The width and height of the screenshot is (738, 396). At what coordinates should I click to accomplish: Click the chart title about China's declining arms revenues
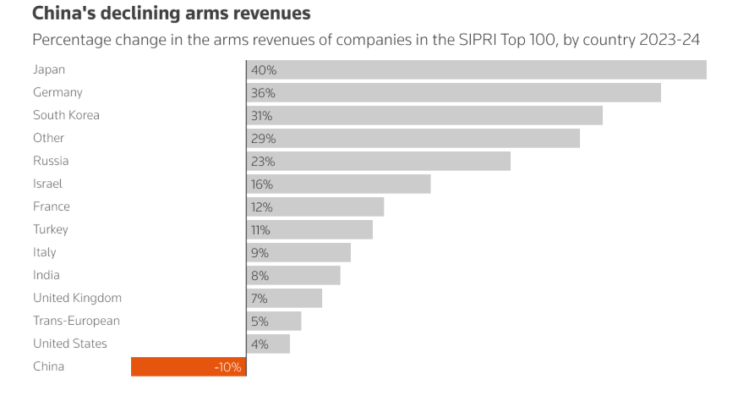click(x=171, y=14)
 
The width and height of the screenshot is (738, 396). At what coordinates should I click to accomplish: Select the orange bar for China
click(x=189, y=366)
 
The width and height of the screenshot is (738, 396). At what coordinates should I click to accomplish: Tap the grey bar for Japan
click(x=477, y=69)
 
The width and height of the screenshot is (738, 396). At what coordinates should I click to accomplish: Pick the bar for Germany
click(x=454, y=92)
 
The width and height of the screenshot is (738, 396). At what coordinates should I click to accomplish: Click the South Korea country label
click(x=66, y=115)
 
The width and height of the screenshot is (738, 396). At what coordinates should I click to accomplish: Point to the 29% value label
click(x=263, y=138)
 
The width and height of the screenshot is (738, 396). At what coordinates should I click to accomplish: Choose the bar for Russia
click(x=379, y=161)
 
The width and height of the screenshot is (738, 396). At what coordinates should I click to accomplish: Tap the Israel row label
click(x=47, y=184)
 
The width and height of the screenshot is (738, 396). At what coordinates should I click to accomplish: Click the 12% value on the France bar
click(x=262, y=206)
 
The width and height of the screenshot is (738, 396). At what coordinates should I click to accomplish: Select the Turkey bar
click(x=310, y=229)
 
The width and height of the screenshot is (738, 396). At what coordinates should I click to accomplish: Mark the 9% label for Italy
click(x=260, y=252)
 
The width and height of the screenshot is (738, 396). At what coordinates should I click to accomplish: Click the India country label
click(x=46, y=275)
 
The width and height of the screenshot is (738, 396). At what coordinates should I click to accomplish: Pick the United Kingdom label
click(x=77, y=298)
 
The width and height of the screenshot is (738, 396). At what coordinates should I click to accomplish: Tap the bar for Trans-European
click(x=274, y=321)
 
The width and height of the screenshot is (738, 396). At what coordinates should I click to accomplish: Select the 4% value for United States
click(x=260, y=344)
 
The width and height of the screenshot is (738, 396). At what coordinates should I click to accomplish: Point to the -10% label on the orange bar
click(x=227, y=367)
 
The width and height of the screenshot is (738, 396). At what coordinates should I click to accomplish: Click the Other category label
click(x=49, y=138)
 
